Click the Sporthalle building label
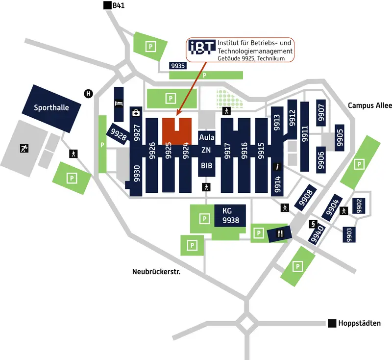pos(51,107)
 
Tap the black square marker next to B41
pos(107,5)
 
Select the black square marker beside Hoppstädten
pos(332,323)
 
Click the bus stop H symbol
pos(88,94)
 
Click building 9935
pos(178,65)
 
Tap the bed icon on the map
pos(119,103)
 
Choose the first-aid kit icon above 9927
pos(136,113)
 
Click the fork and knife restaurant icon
pos(280,234)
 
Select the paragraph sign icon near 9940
pos(312,224)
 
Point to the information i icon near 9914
pos(277,167)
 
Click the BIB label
pos(206,166)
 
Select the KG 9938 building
pos(230,215)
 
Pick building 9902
pos(359,206)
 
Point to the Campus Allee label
pos(367,105)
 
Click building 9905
pos(340,137)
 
